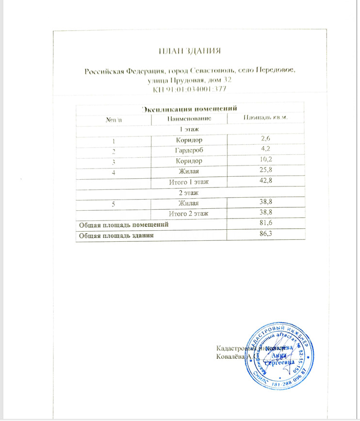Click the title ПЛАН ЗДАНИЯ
189,51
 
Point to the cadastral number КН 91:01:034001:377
190,90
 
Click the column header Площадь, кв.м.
265,119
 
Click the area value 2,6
265,140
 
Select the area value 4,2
265,150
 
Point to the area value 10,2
265,160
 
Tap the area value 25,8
265,171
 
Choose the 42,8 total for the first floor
265,182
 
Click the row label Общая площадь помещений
124,225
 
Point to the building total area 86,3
265,235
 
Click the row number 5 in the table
113,203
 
